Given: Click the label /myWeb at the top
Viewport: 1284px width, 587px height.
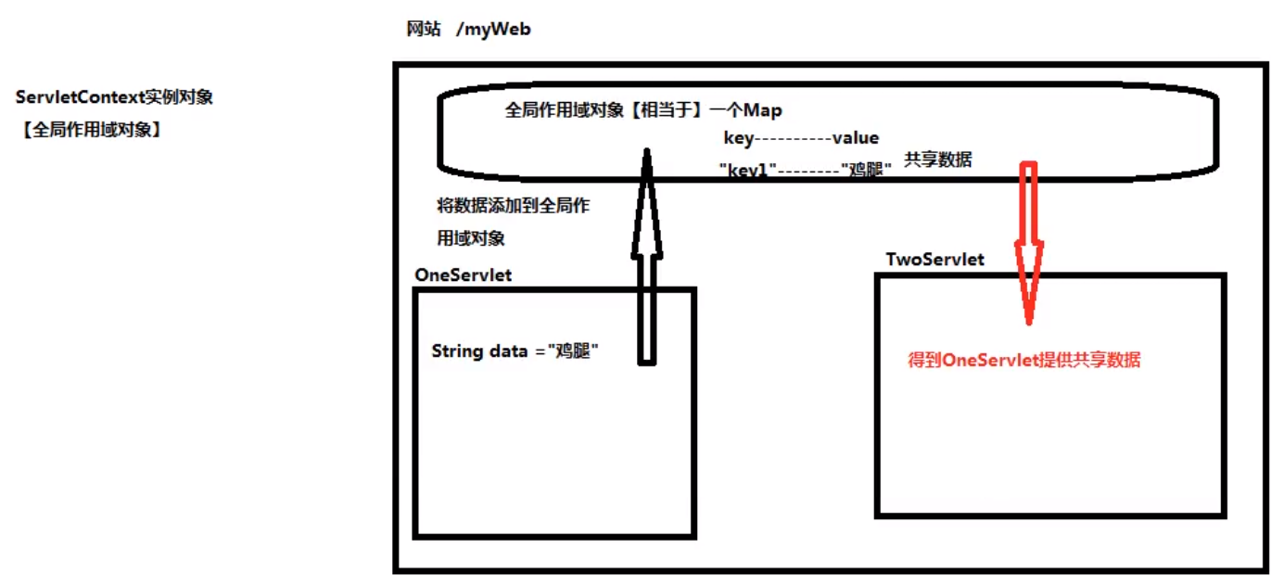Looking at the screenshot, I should click(493, 30).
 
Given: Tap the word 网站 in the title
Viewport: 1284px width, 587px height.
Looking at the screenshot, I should click(424, 29).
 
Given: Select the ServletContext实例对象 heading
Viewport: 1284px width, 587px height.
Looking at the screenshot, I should click(114, 97).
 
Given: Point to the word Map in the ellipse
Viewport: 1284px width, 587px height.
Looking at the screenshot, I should click(762, 110).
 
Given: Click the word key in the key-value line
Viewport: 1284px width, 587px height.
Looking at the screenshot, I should click(740, 138).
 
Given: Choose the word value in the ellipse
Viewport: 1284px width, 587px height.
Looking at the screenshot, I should click(855, 138).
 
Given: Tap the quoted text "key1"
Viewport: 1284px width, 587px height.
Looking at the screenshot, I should click(745, 171).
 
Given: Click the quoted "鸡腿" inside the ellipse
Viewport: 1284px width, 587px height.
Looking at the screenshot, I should click(866, 171).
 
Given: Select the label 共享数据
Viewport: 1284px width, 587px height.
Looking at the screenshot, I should click(938, 160).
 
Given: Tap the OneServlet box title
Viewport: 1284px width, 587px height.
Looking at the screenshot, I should click(463, 275).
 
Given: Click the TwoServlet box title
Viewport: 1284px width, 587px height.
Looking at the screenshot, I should click(934, 260).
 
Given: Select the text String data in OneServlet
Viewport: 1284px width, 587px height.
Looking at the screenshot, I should click(470, 351).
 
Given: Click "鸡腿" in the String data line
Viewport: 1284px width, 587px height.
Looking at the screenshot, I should click(573, 351).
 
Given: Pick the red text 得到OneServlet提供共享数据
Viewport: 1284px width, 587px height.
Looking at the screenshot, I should click(1023, 361).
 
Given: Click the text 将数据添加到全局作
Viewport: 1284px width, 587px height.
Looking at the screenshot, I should click(513, 206).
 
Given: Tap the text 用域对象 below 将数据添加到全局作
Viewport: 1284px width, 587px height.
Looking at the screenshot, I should click(471, 238).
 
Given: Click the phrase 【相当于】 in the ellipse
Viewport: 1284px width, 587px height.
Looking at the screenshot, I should click(659, 110).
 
